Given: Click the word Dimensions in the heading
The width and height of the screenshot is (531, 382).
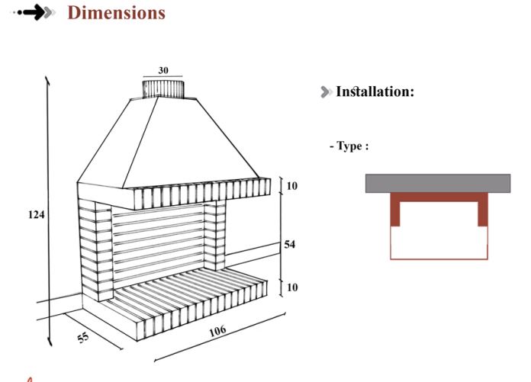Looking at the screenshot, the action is pyautogui.click(x=117, y=13).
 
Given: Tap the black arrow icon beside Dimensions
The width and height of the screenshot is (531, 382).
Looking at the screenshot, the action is pyautogui.click(x=34, y=13).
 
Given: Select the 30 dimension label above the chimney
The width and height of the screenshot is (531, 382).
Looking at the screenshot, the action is pyautogui.click(x=163, y=70).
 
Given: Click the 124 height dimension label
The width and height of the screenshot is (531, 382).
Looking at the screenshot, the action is pyautogui.click(x=36, y=214).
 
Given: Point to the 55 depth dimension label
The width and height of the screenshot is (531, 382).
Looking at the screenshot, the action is pyautogui.click(x=83, y=337).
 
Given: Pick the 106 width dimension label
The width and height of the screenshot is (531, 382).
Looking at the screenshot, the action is pyautogui.click(x=217, y=331).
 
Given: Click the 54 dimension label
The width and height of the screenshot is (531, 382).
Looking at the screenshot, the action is pyautogui.click(x=290, y=244).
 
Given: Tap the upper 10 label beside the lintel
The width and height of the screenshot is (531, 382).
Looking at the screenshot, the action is pyautogui.click(x=292, y=186).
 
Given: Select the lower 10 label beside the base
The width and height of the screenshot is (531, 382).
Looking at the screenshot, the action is pyautogui.click(x=292, y=287).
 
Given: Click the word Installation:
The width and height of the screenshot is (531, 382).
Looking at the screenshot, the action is pyautogui.click(x=375, y=91).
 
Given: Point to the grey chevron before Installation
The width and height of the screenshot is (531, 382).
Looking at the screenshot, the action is pyautogui.click(x=326, y=91).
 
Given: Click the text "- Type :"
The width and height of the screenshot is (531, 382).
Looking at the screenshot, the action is pyautogui.click(x=349, y=146).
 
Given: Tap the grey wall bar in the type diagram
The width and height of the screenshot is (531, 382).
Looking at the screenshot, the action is pyautogui.click(x=438, y=184).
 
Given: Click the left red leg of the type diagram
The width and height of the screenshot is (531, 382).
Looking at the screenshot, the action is pyautogui.click(x=395, y=210).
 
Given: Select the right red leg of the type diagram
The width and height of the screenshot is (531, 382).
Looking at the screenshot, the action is pyautogui.click(x=483, y=210).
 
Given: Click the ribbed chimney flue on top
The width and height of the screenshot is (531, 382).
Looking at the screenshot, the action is pyautogui.click(x=163, y=89).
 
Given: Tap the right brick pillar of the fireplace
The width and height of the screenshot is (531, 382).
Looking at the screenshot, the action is pyautogui.click(x=214, y=235).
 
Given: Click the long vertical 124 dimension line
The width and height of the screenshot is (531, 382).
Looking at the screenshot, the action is pyautogui.click(x=49, y=211).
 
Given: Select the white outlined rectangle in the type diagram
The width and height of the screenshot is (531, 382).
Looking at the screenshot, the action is pyautogui.click(x=439, y=242).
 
